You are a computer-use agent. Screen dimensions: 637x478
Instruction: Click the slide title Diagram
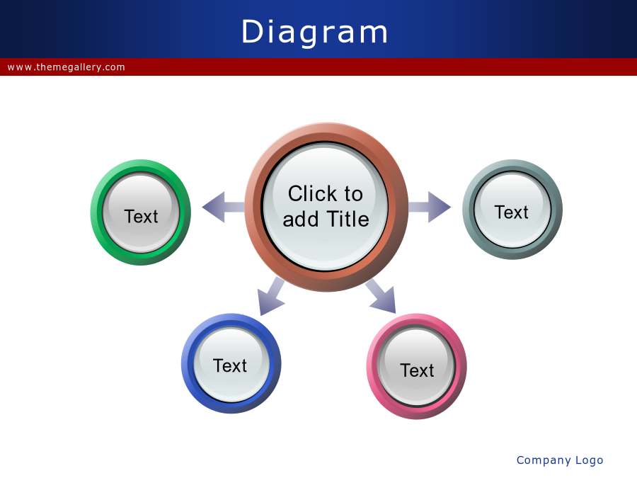(315, 32)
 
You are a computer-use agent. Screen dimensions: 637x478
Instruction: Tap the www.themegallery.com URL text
(67, 67)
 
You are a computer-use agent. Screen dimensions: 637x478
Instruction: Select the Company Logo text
(559, 460)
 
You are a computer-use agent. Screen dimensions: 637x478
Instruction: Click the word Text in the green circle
(141, 216)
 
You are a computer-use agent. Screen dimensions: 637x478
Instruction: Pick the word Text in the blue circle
(230, 365)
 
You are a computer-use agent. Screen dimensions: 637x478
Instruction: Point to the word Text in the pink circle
(417, 370)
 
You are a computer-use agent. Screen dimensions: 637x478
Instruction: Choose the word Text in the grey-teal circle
(512, 212)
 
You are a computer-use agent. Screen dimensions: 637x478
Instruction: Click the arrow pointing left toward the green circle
(224, 207)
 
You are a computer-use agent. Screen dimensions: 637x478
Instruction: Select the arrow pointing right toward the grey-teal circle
(430, 207)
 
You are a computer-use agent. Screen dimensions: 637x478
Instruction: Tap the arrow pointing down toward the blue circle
(271, 296)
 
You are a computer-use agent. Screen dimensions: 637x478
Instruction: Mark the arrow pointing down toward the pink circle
(381, 296)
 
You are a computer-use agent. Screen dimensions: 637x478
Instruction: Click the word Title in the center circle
(348, 219)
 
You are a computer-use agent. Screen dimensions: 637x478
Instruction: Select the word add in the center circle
(301, 219)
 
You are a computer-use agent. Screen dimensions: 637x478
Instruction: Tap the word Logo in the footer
(589, 460)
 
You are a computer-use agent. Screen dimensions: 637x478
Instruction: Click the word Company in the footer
(544, 460)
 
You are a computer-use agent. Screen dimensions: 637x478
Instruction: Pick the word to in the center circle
(353, 194)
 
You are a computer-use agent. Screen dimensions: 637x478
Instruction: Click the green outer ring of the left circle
(96, 212)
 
